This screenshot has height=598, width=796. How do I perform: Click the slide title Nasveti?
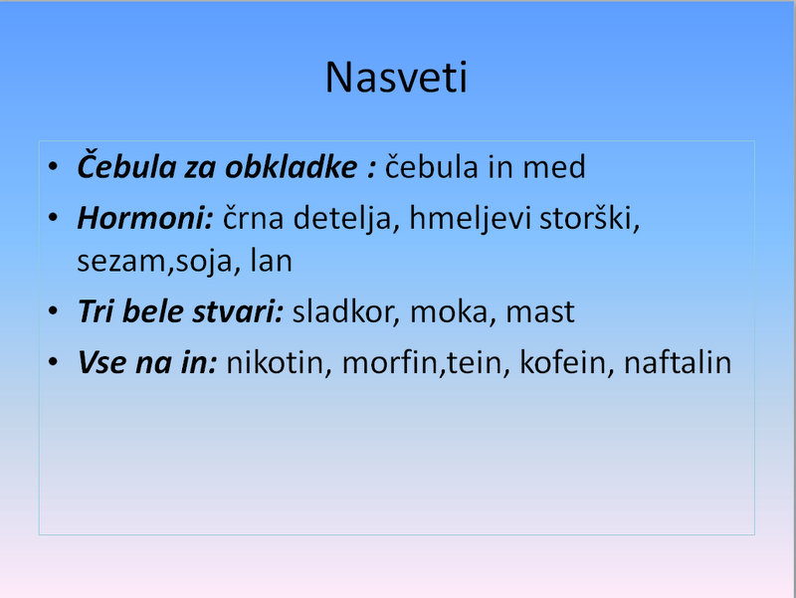tap(396, 78)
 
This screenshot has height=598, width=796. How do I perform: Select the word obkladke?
tap(291, 166)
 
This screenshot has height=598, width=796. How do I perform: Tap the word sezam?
tap(121, 262)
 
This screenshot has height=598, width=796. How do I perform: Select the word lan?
tap(271, 261)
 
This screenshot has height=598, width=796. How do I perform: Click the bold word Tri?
tap(96, 310)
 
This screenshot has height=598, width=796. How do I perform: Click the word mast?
tap(540, 312)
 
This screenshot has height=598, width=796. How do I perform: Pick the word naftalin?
tap(678, 362)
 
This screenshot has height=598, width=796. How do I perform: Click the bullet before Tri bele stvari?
tap(53, 310)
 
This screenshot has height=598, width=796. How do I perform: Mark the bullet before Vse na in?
tap(53, 361)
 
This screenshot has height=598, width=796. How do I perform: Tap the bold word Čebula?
tap(126, 164)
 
